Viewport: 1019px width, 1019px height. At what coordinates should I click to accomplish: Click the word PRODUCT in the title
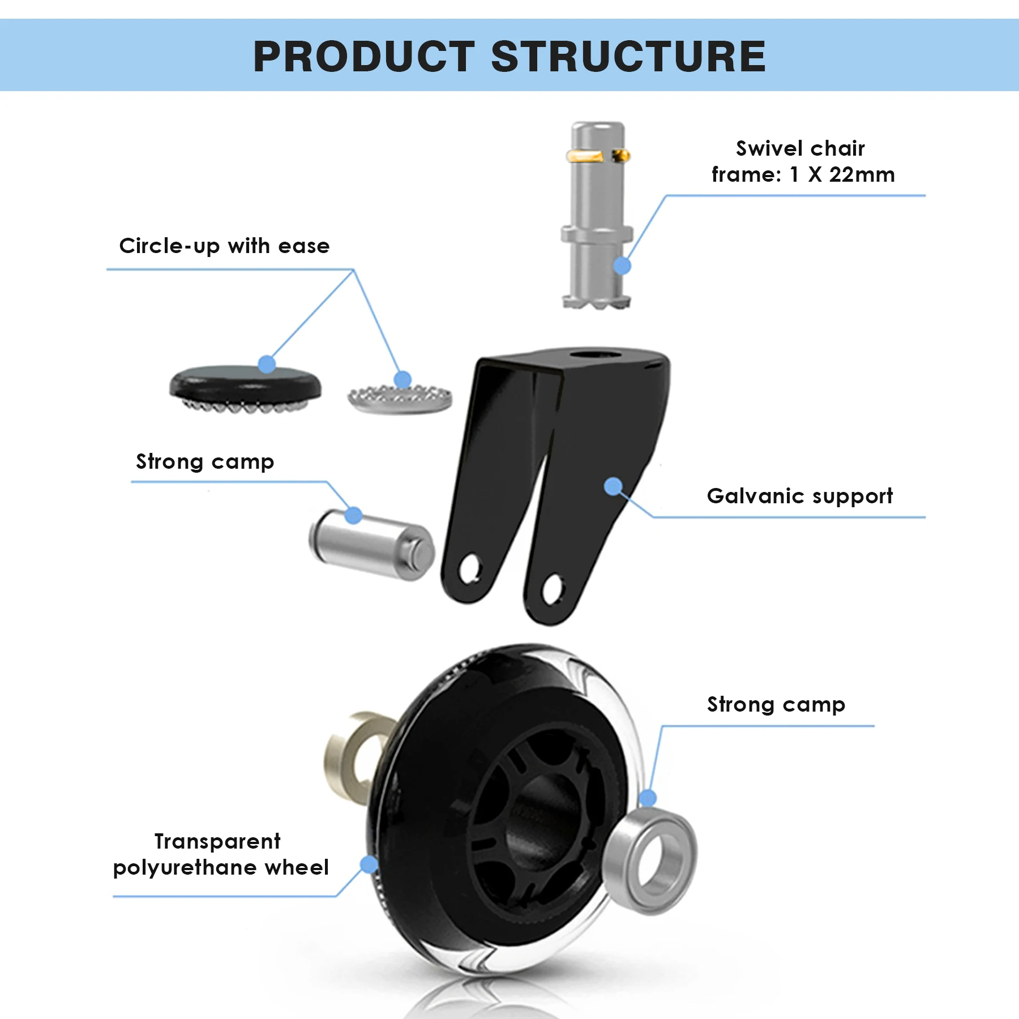click(x=363, y=57)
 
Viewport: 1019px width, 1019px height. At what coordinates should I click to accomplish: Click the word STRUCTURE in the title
click(x=628, y=57)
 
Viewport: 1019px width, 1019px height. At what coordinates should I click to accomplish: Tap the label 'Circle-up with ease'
click(x=224, y=246)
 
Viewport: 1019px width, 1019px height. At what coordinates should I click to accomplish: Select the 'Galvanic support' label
click(x=799, y=496)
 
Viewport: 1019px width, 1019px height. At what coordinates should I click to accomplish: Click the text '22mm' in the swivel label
click(x=862, y=175)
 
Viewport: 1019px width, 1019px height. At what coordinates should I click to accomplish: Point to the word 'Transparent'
click(x=217, y=841)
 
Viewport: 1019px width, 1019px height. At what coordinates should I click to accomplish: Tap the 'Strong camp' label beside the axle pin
click(x=205, y=462)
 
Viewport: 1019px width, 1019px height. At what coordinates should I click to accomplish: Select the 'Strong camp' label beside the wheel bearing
click(x=776, y=705)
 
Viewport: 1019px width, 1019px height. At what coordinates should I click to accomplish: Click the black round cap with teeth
click(x=245, y=385)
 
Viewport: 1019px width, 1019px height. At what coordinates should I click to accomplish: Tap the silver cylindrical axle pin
click(x=371, y=545)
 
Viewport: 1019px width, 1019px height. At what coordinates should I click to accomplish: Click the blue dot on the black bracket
click(x=613, y=486)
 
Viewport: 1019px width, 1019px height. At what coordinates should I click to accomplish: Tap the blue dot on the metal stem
click(x=622, y=266)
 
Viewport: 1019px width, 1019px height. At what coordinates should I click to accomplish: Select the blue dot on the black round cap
click(x=267, y=364)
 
